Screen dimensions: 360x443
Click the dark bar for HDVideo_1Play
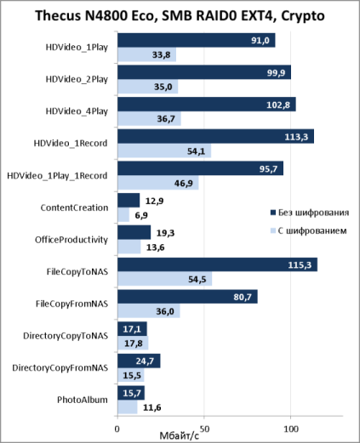(x=197, y=40)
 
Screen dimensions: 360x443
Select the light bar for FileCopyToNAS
(x=165, y=279)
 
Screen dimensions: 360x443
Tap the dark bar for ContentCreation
(x=129, y=201)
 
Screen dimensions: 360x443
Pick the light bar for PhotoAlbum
(x=128, y=407)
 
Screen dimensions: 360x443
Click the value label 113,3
(x=296, y=137)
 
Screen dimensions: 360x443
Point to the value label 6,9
(x=141, y=215)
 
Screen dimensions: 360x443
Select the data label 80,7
(x=243, y=297)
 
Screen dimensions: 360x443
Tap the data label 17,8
(x=134, y=344)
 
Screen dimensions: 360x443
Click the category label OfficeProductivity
(x=71, y=240)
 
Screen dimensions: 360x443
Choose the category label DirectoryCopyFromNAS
(x=60, y=368)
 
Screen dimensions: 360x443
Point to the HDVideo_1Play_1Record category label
(x=57, y=176)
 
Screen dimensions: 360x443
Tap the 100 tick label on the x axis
(x=291, y=429)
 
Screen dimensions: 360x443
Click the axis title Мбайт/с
(x=180, y=436)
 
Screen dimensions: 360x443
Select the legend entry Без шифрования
(x=310, y=213)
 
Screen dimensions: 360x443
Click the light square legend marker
(x=273, y=230)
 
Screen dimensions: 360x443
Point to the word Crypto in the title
(x=303, y=16)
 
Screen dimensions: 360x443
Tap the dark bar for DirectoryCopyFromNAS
(x=139, y=361)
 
